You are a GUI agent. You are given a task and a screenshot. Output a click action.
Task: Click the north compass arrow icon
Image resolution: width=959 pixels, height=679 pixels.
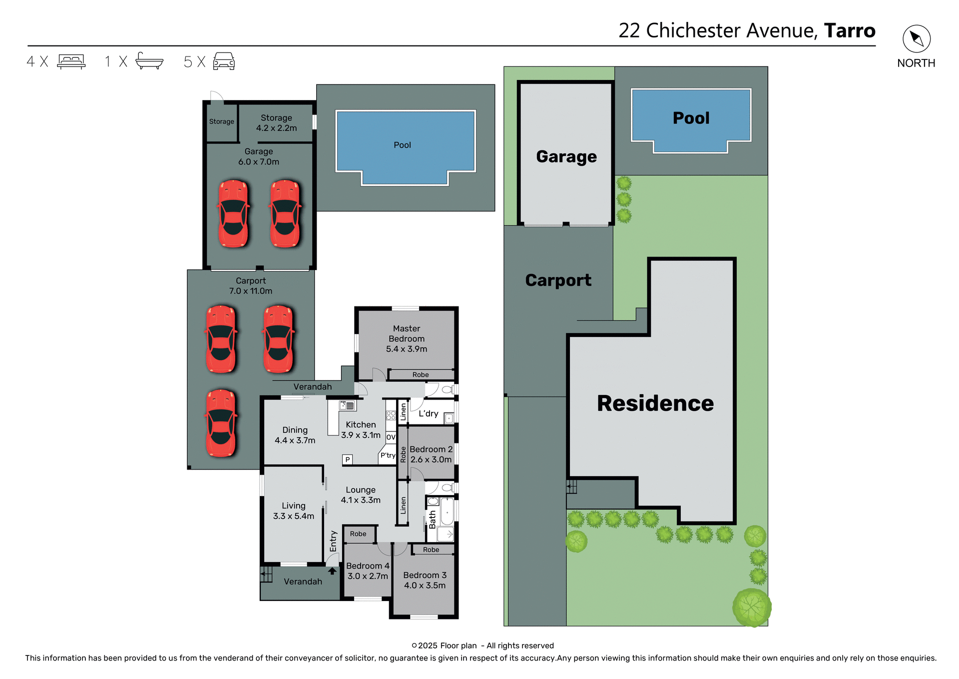point(916,38)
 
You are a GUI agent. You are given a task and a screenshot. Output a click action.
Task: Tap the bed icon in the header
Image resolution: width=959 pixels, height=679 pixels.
point(71,61)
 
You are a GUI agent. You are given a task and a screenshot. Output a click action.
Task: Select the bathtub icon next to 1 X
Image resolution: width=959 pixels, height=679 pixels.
point(149,61)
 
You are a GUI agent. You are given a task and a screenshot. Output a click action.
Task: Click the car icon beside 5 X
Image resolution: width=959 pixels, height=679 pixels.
point(224,61)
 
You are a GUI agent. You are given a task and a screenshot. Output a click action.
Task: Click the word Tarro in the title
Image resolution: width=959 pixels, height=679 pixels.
point(849,30)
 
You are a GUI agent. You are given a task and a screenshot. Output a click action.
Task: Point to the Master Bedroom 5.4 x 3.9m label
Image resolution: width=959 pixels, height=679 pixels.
point(406,338)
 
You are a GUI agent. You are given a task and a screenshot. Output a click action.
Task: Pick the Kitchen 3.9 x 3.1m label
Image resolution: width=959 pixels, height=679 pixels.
point(361,429)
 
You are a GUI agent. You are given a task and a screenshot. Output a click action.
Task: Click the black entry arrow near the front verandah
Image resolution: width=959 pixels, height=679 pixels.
point(332,571)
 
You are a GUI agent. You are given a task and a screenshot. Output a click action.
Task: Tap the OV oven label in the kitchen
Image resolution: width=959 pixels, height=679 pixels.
point(391,436)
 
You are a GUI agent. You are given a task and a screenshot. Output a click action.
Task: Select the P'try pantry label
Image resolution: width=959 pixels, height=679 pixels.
point(388,455)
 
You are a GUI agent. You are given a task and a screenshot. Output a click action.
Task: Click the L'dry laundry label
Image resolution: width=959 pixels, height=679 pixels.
point(428,413)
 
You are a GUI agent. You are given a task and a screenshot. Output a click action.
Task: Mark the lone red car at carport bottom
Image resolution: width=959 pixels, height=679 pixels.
point(221,423)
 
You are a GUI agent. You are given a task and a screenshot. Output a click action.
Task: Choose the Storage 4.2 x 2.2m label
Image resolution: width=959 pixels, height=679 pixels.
point(276,122)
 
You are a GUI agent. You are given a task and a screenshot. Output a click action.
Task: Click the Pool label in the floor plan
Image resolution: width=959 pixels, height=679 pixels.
point(402,145)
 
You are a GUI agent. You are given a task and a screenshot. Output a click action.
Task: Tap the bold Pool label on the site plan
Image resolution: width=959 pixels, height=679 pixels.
point(691,118)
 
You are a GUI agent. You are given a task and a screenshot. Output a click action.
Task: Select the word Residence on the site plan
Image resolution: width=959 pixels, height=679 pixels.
point(655,403)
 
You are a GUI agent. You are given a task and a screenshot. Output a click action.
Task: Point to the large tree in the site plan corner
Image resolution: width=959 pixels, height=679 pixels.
point(752,607)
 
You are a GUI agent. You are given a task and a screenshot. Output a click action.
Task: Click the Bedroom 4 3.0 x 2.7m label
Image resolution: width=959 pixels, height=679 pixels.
point(368,570)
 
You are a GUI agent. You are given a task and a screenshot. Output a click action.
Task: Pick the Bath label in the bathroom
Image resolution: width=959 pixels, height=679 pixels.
point(433,519)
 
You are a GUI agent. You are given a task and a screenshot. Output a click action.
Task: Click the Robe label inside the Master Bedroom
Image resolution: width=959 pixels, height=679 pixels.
point(420,374)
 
